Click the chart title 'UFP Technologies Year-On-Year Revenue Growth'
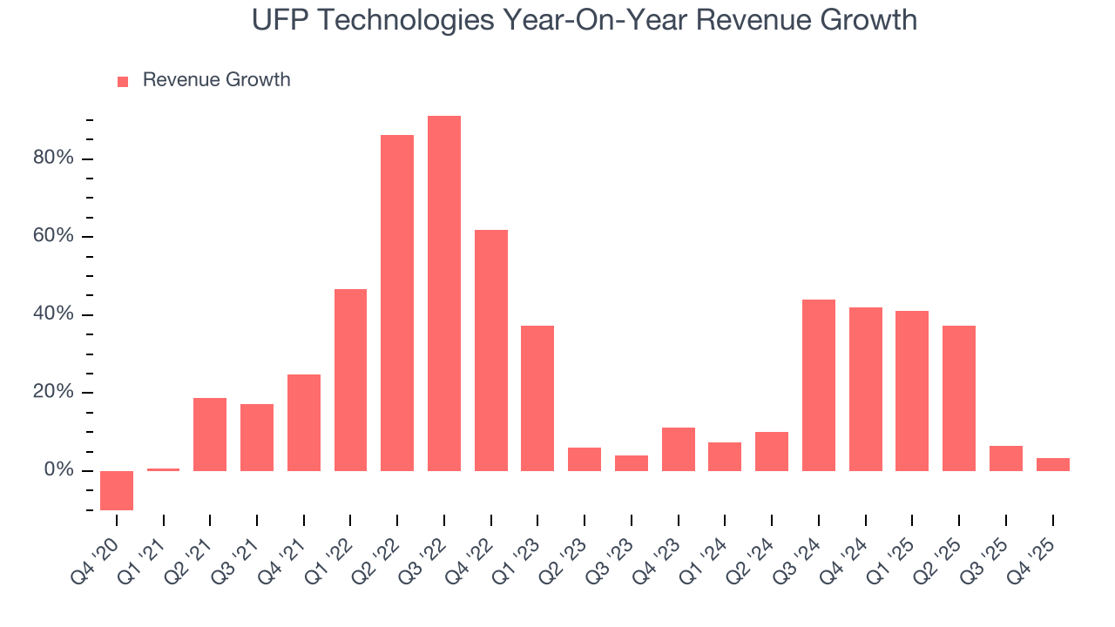[585, 19]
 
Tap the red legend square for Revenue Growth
[123, 81]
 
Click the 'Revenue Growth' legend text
[216, 80]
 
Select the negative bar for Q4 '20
[117, 490]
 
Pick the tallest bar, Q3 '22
[444, 293]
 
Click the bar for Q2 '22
[397, 303]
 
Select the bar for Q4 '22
[491, 350]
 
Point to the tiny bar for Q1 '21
[164, 469]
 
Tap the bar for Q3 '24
[819, 385]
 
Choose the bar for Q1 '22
[350, 380]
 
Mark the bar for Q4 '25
[1052, 464]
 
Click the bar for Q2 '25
[959, 398]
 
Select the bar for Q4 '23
[679, 449]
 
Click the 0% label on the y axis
[59, 470]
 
